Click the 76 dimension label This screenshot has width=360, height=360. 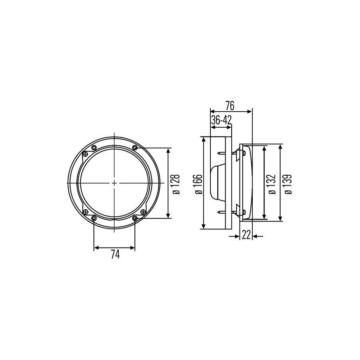[229, 106]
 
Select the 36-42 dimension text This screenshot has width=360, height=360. [221, 120]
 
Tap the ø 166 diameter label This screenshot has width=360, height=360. [198, 184]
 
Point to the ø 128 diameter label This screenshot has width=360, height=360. [176, 184]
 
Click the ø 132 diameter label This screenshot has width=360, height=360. [272, 184]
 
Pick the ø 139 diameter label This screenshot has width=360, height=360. [288, 184]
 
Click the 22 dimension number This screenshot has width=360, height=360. [246, 235]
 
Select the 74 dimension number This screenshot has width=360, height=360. [115, 254]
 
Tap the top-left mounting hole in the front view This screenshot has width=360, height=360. [94, 147]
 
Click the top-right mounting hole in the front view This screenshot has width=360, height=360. [135, 147]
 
